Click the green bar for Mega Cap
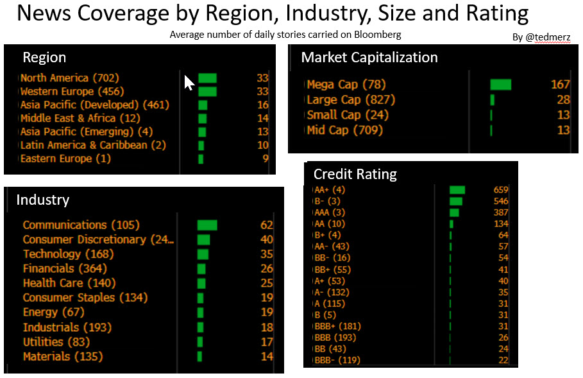pyautogui.click(x=500, y=84)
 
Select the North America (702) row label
pyautogui.click(x=69, y=78)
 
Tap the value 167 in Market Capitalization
pyautogui.click(x=560, y=84)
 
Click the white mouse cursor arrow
pyautogui.click(x=189, y=83)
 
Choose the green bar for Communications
pyautogui.click(x=207, y=225)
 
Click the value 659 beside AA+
pyautogui.click(x=500, y=190)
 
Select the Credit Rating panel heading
pyautogui.click(x=355, y=174)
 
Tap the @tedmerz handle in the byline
pyautogui.click(x=548, y=37)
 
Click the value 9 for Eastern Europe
pyautogui.click(x=265, y=159)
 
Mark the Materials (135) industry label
pyautogui.click(x=63, y=356)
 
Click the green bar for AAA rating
pyautogui.click(x=454, y=212)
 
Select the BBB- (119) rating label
pyautogui.click(x=337, y=361)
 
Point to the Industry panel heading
pyautogui.click(x=42, y=200)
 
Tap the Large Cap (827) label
pyautogui.click(x=351, y=99)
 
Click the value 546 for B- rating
pyautogui.click(x=500, y=201)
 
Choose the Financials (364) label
pyautogui.click(x=65, y=268)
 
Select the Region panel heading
pyautogui.click(x=44, y=57)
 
